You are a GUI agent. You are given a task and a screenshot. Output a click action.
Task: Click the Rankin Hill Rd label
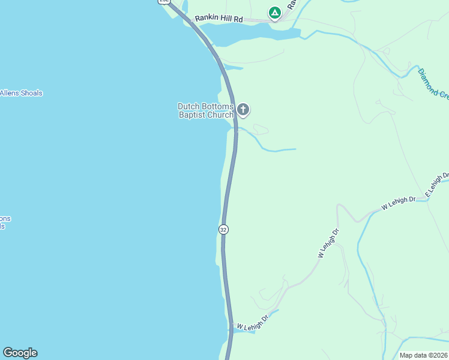[x=218, y=19]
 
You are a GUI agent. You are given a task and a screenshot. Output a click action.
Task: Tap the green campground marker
[x=274, y=13]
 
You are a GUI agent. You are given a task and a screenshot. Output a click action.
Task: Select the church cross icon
[x=243, y=109]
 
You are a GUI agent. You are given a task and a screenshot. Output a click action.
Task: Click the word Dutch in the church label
[x=188, y=106]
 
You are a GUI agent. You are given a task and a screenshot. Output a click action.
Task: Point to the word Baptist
[x=192, y=115]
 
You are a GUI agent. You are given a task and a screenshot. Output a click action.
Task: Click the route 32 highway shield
[x=223, y=229]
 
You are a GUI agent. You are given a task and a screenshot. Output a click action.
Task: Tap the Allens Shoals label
[x=21, y=93]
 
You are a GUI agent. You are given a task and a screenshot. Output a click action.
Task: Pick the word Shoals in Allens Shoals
[x=31, y=93]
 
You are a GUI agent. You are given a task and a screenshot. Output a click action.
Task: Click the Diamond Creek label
[x=433, y=83]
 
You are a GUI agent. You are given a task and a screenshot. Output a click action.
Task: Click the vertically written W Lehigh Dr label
[x=328, y=243]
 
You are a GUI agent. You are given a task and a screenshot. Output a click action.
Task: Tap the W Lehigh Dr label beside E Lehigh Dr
[x=399, y=203]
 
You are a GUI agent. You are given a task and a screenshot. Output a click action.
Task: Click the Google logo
[x=20, y=353]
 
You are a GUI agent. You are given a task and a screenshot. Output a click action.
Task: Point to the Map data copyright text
[x=424, y=355]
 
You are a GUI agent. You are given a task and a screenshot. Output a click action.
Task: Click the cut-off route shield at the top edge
[x=164, y=2]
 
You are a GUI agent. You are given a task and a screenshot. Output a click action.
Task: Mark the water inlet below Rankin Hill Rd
[x=252, y=36]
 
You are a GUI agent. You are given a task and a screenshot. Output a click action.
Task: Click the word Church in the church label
[x=220, y=115]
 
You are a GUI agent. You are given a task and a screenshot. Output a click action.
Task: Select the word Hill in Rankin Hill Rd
[x=224, y=19]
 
